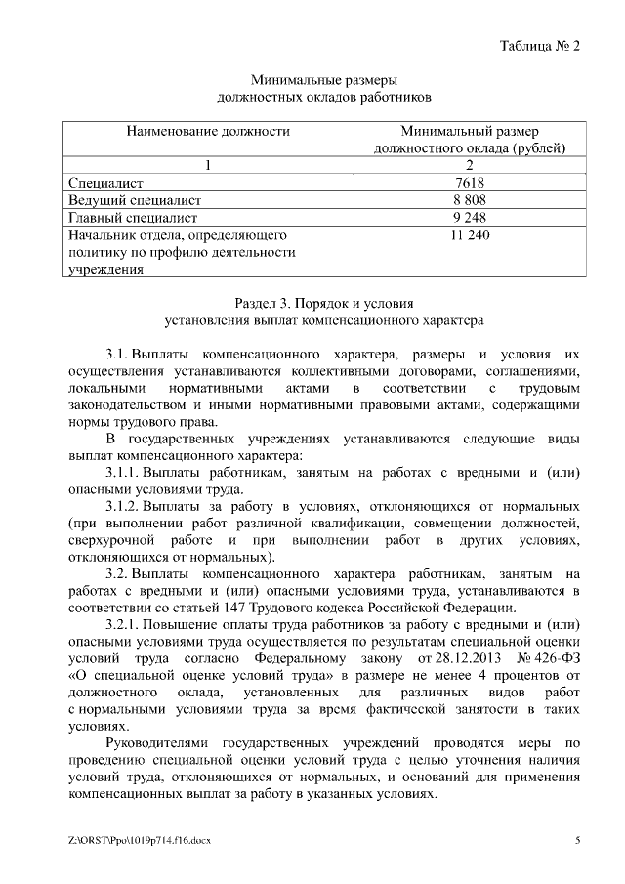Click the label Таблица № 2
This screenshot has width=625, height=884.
pos(540,45)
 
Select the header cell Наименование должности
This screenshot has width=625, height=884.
pos(207,130)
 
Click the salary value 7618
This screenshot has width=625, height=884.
pos(470,183)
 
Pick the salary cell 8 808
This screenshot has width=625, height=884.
pos(470,200)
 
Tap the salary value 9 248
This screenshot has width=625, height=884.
pos(470,218)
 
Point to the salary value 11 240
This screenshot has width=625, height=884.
pos(470,235)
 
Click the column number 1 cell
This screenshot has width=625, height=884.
pos(207,165)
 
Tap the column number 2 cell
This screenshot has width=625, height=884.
pos(470,165)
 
